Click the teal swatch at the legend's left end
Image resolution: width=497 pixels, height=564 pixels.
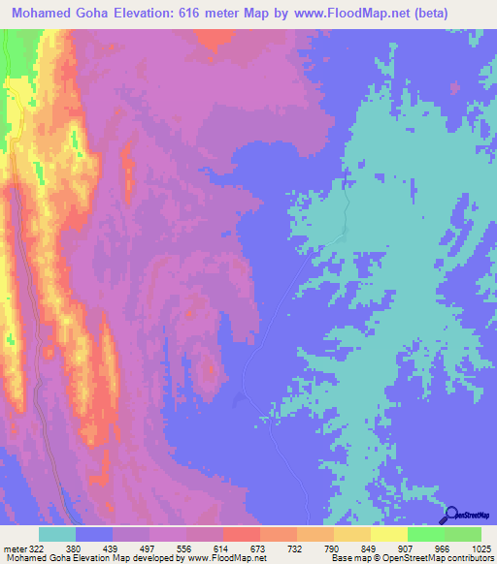56,534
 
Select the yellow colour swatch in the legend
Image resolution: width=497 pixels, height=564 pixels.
388,534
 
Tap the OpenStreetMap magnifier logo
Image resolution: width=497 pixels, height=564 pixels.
450,515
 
